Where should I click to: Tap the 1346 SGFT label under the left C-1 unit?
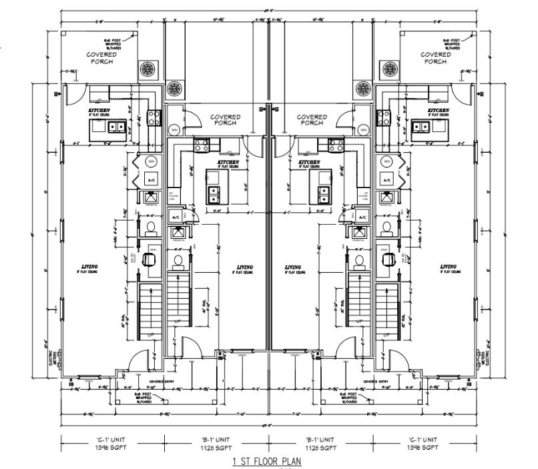[111, 447]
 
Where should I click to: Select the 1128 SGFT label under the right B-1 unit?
[321, 447]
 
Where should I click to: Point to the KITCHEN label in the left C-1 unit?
[99, 110]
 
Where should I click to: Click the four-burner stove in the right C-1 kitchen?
[385, 118]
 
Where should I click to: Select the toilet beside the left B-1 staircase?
[178, 259]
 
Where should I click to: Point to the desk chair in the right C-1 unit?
[387, 257]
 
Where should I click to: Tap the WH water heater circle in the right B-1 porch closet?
[363, 130]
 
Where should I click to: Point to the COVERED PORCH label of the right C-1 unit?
[436, 57]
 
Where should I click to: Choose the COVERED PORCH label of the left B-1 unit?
[226, 119]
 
